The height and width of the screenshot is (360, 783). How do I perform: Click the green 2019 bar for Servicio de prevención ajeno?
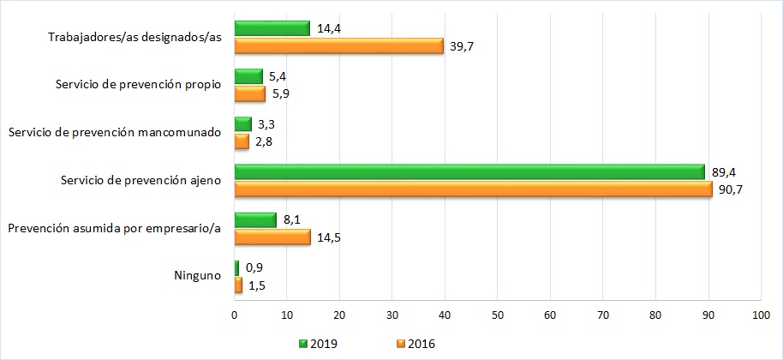469,172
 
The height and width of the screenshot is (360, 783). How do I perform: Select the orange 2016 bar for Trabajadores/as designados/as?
338,46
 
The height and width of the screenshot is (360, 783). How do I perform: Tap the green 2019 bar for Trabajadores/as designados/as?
272,28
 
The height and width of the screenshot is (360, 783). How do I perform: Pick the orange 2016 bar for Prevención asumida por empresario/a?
272,237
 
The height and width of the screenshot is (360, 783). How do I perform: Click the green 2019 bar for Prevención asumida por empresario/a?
255,220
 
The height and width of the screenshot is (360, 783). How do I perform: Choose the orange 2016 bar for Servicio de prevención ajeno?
472,189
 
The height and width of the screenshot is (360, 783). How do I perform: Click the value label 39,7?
462,46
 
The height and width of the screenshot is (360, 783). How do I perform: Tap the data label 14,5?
329,237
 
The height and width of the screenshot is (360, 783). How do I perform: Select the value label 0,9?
254,267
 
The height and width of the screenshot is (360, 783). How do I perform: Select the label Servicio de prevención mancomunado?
114,132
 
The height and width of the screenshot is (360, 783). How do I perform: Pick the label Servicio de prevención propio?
138,85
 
